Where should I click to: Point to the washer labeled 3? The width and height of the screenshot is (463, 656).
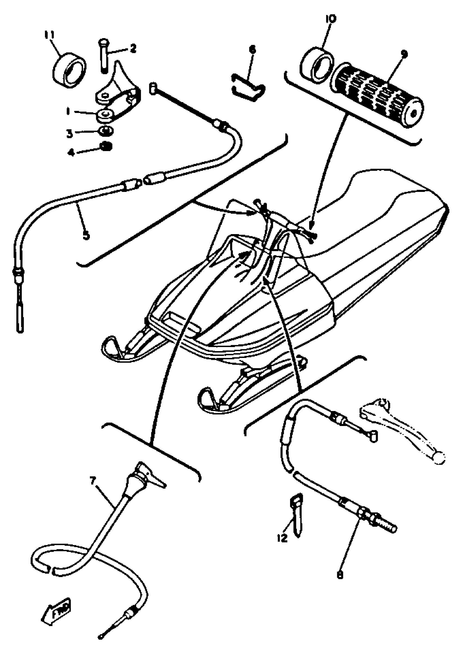tap(106, 131)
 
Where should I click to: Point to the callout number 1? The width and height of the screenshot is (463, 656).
tap(68, 111)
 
